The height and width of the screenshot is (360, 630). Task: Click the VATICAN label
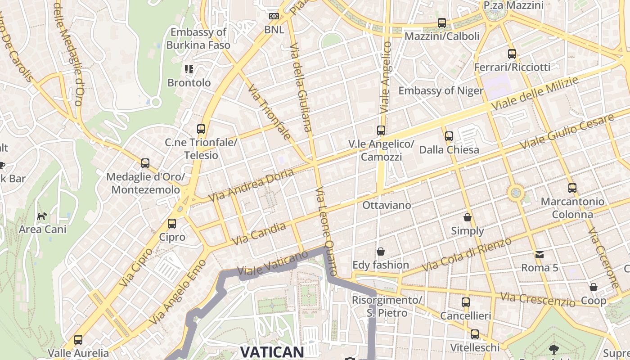click(x=272, y=352)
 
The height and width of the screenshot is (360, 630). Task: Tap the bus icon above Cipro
click(x=171, y=224)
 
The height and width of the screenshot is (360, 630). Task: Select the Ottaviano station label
click(x=387, y=205)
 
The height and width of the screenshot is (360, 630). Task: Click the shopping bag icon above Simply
click(x=468, y=218)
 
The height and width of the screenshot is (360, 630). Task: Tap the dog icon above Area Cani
click(x=42, y=216)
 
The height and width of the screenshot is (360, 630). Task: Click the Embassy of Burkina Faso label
click(x=198, y=39)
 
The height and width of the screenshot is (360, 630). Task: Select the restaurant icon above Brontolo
click(x=189, y=69)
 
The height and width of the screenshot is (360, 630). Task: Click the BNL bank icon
click(x=274, y=17)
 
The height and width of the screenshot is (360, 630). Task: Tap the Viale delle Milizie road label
click(x=535, y=94)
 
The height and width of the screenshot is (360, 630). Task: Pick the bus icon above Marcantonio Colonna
click(x=572, y=188)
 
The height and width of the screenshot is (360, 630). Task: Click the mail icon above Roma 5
click(x=540, y=255)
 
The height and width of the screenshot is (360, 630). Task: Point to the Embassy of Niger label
click(x=441, y=90)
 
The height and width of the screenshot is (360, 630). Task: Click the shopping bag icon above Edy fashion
click(x=381, y=252)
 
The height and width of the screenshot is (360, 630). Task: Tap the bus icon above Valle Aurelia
click(x=78, y=340)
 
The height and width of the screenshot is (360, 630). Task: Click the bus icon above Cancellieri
click(x=466, y=302)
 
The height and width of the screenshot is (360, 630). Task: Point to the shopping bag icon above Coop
click(x=594, y=287)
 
